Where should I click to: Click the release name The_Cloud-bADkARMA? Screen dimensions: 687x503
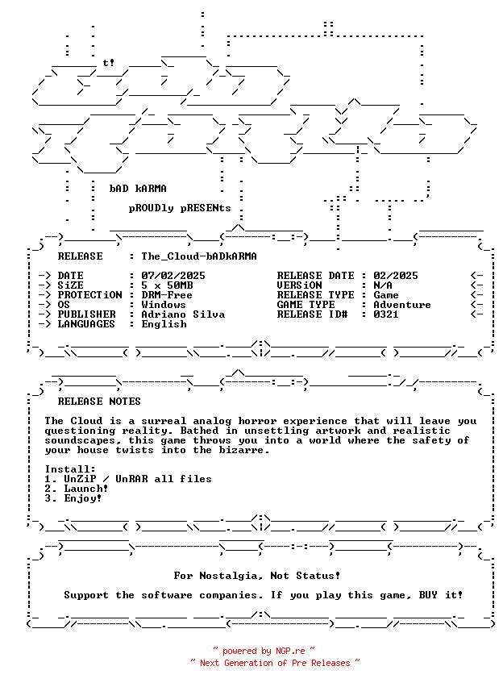pos(199,256)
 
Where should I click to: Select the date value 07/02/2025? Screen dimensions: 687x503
pos(173,276)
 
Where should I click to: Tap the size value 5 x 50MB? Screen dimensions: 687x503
pos(167,285)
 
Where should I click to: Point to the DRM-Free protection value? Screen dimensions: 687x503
pos(167,295)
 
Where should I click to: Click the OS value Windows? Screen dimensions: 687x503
pos(164,305)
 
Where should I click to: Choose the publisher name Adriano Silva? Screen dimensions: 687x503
pos(183,314)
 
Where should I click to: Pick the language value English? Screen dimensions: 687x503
pos(164,324)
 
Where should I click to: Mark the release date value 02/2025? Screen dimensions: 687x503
pos(396,276)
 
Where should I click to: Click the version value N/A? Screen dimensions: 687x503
pos(383,285)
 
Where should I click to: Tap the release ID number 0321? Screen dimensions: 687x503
pos(386,314)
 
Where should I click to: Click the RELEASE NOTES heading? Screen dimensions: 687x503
pos(99,402)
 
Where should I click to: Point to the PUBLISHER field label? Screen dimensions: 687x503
pos(89,314)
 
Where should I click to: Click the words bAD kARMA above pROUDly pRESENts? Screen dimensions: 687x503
pos(138,189)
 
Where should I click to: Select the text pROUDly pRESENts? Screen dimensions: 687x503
pos(180,208)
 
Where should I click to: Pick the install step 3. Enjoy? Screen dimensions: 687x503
pos(73,498)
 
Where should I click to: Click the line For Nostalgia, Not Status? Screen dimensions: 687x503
pos(257,576)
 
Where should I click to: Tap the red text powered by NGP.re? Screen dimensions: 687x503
pos(264,651)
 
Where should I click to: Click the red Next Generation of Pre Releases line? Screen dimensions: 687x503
pos(274,663)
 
